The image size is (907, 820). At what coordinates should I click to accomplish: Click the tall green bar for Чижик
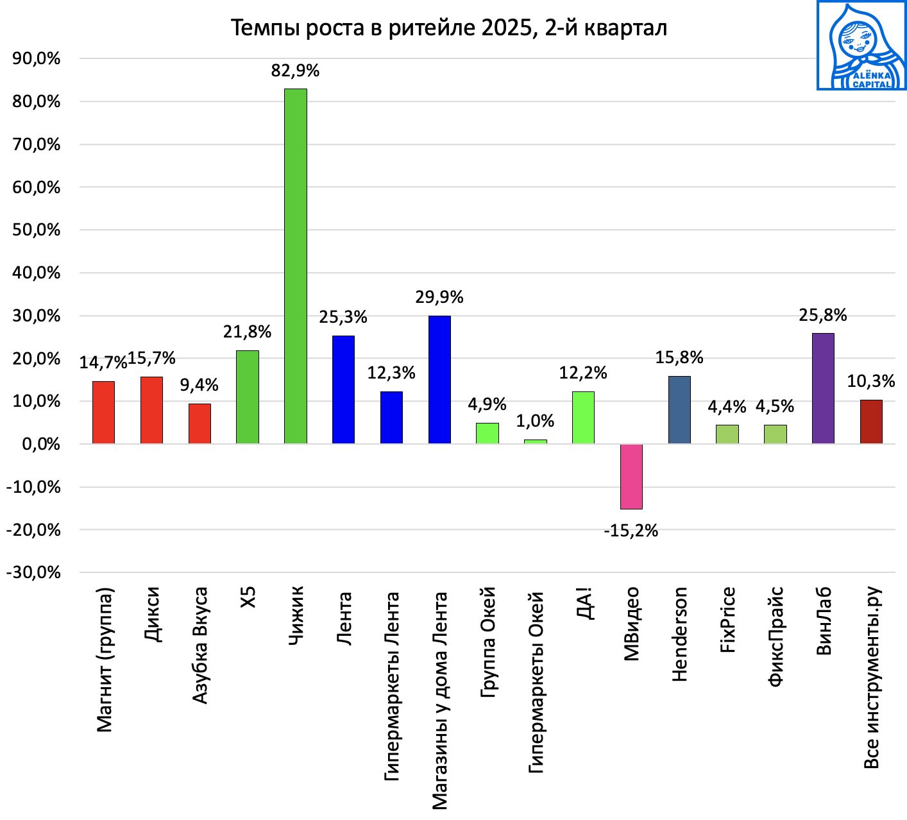(295, 266)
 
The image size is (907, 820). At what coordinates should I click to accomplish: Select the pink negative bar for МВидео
(631, 476)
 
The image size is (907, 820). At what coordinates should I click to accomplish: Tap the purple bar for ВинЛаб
(823, 388)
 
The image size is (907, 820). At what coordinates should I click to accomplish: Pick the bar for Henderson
(679, 409)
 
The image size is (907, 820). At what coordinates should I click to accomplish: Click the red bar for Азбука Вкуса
(199, 423)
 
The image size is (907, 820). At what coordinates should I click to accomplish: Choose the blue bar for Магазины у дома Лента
(439, 379)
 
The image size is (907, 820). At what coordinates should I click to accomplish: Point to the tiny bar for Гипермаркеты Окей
(535, 441)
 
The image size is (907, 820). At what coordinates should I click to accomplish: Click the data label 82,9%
(295, 71)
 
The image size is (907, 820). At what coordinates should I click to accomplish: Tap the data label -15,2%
(631, 531)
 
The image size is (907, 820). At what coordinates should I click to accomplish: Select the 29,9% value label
(439, 297)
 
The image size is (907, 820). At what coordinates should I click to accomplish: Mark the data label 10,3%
(870, 381)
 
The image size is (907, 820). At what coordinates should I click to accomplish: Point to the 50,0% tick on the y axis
(37, 230)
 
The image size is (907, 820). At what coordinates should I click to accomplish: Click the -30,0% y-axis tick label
(33, 572)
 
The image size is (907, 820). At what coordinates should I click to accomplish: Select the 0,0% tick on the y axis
(41, 444)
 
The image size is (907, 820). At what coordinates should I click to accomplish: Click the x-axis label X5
(248, 597)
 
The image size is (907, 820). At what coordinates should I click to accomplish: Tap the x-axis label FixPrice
(727, 620)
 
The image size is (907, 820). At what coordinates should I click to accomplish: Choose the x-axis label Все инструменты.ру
(871, 678)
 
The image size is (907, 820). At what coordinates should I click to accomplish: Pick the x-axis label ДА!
(584, 603)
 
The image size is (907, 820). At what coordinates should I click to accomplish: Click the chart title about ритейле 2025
(448, 28)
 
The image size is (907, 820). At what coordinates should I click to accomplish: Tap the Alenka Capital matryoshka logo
(861, 46)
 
